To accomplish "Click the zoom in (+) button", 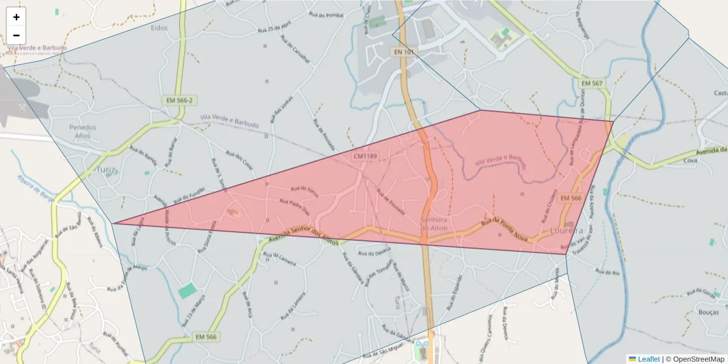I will point(16,17).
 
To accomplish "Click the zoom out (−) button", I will point(16,35).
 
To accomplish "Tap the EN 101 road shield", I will point(404,52).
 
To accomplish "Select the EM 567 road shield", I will point(591,83).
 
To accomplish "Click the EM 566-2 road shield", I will point(178,100).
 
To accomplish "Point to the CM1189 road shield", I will point(365,157).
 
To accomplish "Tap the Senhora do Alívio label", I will point(434,223).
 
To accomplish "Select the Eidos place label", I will point(159,27).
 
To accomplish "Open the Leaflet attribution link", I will point(648,359).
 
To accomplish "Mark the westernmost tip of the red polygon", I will point(113,223).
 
